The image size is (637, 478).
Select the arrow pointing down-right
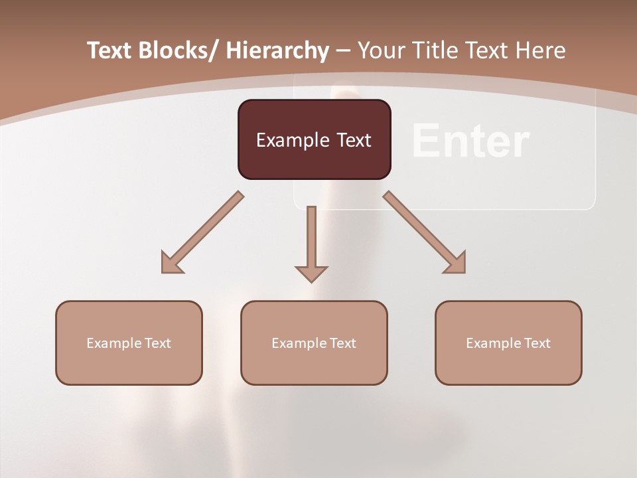pos(425,233)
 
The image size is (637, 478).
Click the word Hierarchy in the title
pos(277,50)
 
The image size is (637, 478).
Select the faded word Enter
pos(470,141)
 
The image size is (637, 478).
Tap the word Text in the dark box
pos(352,140)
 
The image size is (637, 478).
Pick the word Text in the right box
pos(536,343)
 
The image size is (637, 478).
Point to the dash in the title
pos(343,50)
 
